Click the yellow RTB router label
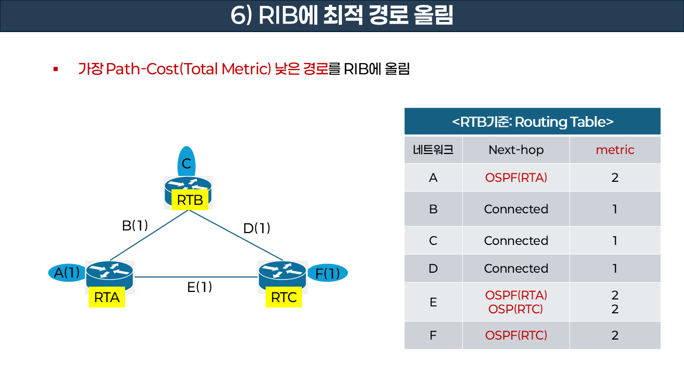[190, 201]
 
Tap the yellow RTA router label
[106, 298]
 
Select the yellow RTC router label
[284, 298]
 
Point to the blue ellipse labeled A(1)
[66, 273]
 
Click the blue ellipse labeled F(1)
[328, 273]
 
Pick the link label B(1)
[135, 226]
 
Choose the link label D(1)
[256, 228]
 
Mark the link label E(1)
[199, 287]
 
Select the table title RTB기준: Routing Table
[532, 121]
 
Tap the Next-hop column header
[516, 150]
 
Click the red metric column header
[615, 150]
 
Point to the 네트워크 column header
[433, 150]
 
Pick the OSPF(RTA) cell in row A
[516, 178]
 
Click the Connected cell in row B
[516, 209]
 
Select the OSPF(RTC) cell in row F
[516, 335]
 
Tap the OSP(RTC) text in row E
[516, 309]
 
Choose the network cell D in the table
[433, 268]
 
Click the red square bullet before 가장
[55, 69]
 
